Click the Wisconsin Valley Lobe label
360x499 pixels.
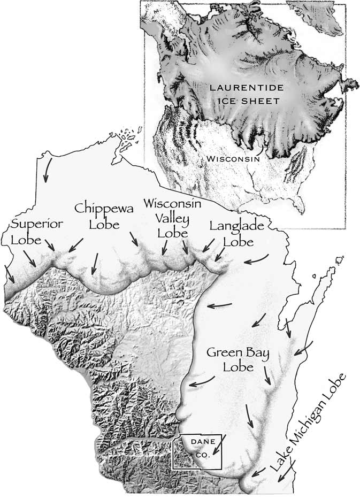coord(172,218)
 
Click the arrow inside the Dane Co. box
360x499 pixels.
coord(218,447)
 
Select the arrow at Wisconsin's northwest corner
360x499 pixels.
coord(47,170)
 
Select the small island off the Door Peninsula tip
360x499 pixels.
coord(339,261)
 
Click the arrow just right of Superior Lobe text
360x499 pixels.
coord(49,245)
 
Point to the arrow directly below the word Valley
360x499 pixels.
coord(165,247)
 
